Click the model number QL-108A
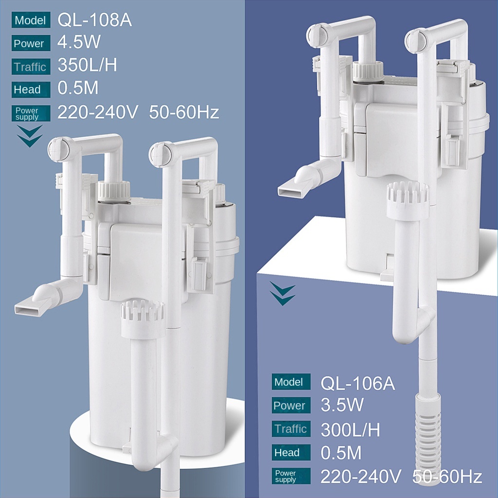[x=94, y=20]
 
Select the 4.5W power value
[x=79, y=42]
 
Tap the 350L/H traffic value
[x=87, y=65]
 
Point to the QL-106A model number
[x=357, y=383]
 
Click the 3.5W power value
[x=342, y=405]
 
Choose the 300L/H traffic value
[x=350, y=430]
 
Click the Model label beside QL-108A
[x=31, y=20]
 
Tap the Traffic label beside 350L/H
[x=31, y=67]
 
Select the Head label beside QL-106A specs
[x=291, y=452]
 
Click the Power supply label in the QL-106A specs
[x=291, y=476]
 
